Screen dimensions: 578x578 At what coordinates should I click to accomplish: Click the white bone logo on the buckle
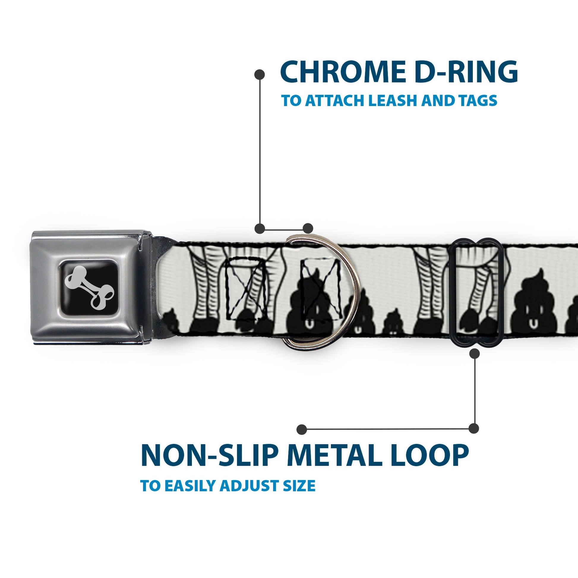pos(89,288)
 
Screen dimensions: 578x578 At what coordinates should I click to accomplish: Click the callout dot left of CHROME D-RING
pos(259,75)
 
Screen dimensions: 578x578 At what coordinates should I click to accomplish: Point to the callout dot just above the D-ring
pos(308,228)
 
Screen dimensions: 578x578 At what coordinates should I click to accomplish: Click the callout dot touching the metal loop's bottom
pos(474,354)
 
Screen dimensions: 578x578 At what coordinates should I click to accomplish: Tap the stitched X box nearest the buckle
pos(245,289)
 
